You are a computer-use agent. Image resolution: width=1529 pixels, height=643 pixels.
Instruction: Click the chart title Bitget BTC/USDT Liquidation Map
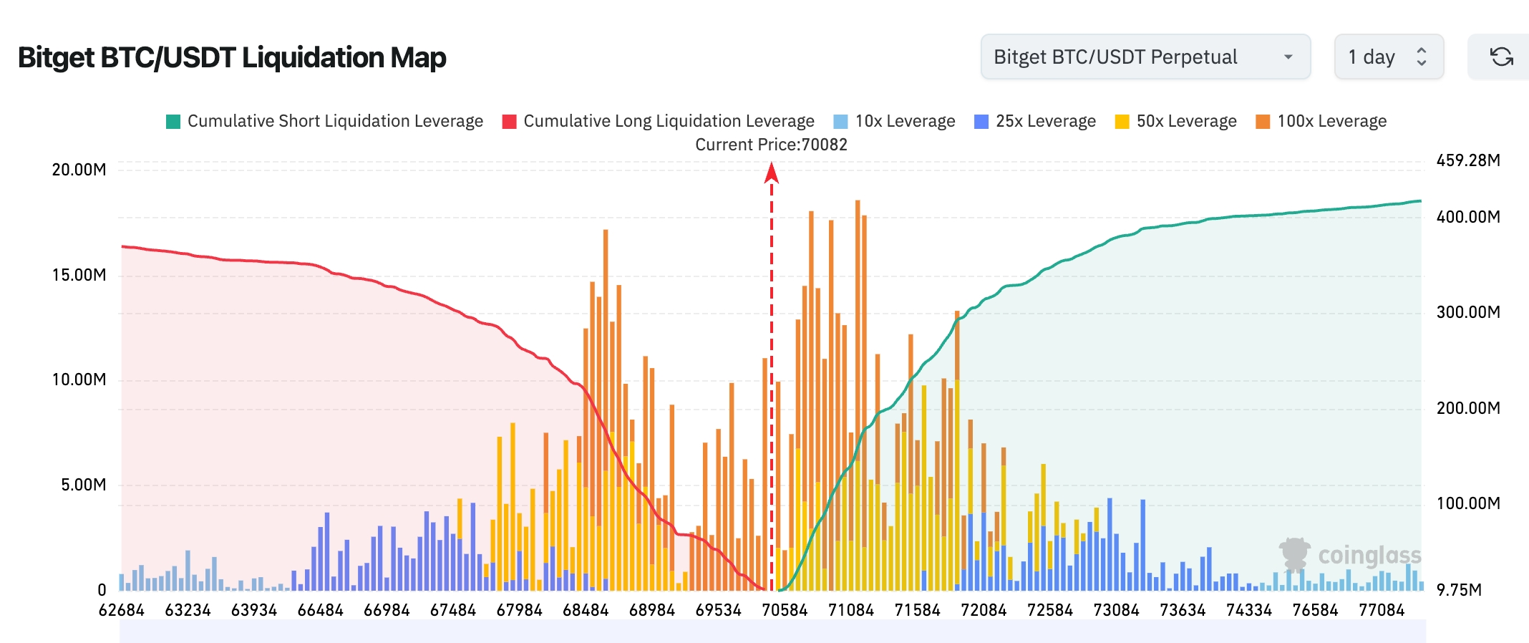tap(232, 57)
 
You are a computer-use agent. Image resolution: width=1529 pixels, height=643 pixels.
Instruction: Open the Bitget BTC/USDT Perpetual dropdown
tap(1145, 57)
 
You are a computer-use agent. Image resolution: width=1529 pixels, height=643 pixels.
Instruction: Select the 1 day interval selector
tap(1388, 57)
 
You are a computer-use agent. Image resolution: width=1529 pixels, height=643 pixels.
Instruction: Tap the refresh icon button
tap(1501, 57)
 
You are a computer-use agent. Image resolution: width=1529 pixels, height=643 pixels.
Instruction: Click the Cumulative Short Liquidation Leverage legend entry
tap(324, 121)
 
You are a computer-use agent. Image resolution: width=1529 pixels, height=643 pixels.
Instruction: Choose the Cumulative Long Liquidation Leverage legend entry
tap(659, 121)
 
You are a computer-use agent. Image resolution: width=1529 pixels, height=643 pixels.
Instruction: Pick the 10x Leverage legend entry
tap(895, 121)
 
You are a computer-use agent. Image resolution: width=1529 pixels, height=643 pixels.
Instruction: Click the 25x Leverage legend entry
tap(1035, 121)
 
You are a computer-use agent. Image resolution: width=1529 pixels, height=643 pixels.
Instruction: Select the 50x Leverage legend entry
tap(1176, 121)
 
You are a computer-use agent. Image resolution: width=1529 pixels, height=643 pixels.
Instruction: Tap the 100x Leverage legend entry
tap(1321, 121)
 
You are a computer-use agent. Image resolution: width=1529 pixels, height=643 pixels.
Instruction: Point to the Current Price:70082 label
tap(771, 145)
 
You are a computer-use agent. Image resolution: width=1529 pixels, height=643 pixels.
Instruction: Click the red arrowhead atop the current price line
tap(771, 173)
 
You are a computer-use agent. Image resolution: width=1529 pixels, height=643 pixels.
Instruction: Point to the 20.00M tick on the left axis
tap(79, 170)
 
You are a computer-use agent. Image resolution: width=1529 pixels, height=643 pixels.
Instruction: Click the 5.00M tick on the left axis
tap(83, 485)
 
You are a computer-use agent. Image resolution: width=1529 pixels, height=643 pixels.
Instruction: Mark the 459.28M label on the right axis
tap(1468, 160)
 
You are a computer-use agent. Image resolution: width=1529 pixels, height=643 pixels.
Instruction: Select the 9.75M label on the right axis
tap(1459, 590)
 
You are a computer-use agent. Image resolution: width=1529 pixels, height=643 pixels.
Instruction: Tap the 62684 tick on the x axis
tap(121, 610)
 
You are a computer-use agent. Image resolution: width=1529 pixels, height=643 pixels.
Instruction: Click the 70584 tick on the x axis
tap(785, 610)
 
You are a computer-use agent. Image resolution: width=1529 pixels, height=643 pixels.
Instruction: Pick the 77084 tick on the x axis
tap(1382, 610)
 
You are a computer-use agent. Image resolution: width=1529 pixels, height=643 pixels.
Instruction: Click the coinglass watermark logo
tap(1350, 556)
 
